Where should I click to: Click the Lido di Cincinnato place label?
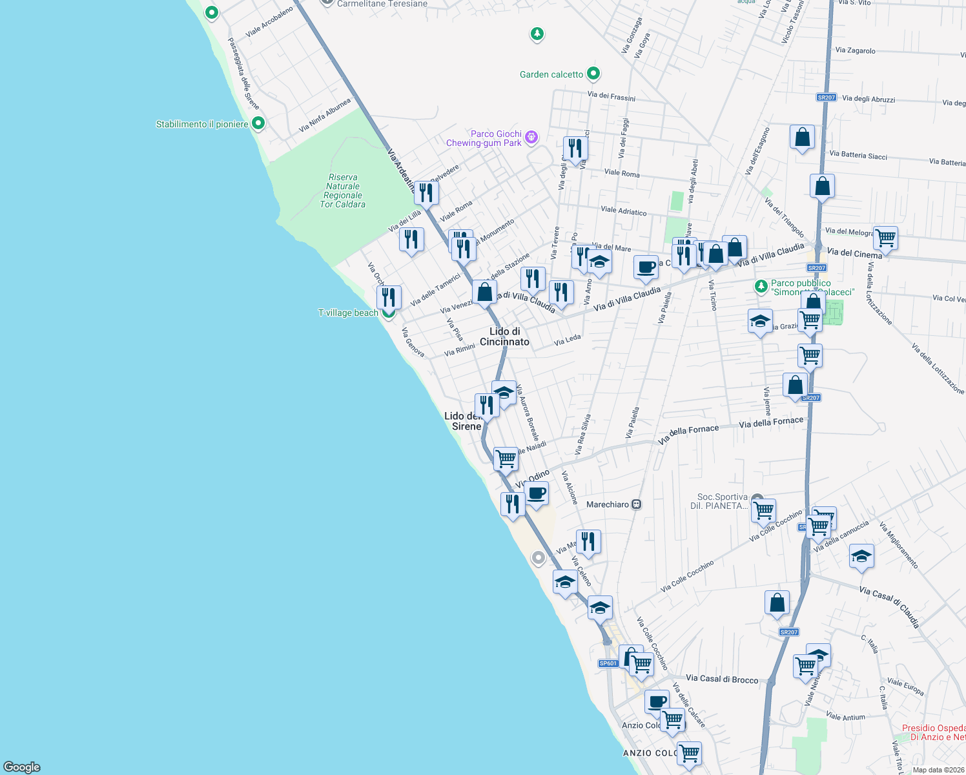click(x=504, y=336)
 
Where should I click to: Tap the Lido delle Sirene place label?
click(x=464, y=421)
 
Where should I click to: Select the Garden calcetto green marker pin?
click(x=593, y=74)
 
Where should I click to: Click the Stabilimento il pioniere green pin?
click(x=258, y=123)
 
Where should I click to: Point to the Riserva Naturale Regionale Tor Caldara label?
click(x=343, y=191)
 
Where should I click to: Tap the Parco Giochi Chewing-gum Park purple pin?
click(x=531, y=136)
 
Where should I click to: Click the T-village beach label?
click(x=348, y=313)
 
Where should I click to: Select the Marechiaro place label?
click(x=607, y=504)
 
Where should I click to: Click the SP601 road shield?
click(x=608, y=663)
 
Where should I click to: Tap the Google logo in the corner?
click(x=22, y=767)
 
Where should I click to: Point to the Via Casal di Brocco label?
click(x=722, y=679)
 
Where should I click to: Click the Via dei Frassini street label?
click(x=611, y=96)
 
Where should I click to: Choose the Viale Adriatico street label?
click(x=623, y=211)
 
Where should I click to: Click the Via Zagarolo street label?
click(x=855, y=50)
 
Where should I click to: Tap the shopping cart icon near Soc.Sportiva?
click(x=764, y=510)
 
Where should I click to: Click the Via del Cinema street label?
click(x=854, y=254)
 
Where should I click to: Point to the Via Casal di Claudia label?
click(x=889, y=607)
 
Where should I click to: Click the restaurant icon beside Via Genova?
click(x=389, y=297)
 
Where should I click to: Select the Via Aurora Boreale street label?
click(x=528, y=412)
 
